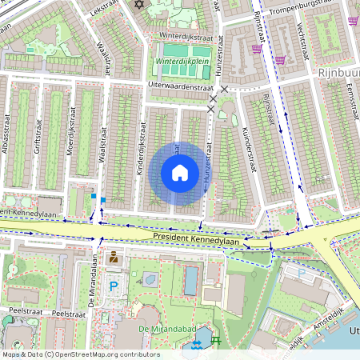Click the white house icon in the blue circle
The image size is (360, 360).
(180, 173)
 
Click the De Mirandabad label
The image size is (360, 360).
(157, 329)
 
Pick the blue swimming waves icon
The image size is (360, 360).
(196, 344)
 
